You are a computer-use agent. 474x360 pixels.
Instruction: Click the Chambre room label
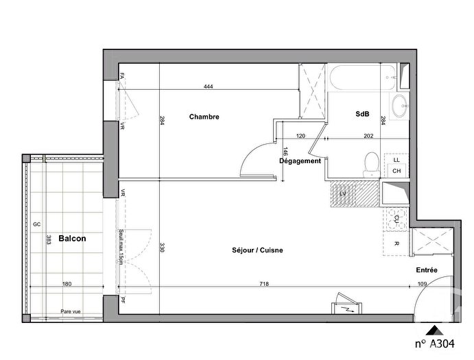click(204, 117)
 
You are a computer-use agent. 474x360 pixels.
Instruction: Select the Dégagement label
click(300, 161)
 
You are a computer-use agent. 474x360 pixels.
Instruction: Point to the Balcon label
click(72, 239)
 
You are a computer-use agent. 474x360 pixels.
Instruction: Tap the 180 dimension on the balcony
click(67, 283)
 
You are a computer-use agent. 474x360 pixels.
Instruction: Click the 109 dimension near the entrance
click(423, 283)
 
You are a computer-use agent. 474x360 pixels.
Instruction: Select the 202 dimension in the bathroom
click(369, 136)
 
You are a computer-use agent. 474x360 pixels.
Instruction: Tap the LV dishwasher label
click(342, 194)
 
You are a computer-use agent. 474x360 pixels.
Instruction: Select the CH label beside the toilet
click(396, 171)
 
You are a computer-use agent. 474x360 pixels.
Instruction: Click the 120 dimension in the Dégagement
click(300, 136)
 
